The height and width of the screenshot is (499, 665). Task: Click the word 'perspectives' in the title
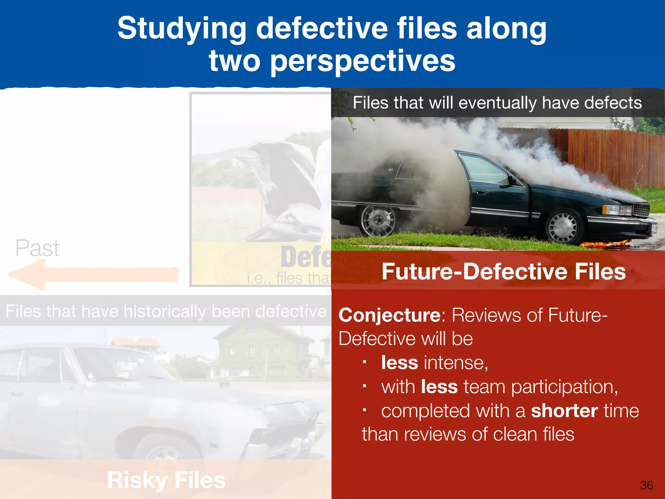click(x=363, y=62)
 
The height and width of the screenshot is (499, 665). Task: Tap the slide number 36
click(x=646, y=485)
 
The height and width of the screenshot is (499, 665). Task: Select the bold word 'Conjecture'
click(x=389, y=315)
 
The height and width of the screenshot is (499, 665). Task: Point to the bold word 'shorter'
click(x=564, y=411)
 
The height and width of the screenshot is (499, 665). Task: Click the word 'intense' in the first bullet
click(x=455, y=363)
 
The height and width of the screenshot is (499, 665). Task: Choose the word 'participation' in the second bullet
click(x=564, y=387)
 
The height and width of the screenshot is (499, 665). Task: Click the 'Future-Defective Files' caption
click(x=504, y=272)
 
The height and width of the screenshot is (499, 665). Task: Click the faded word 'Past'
click(x=37, y=248)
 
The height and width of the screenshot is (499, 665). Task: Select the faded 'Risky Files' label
click(x=166, y=480)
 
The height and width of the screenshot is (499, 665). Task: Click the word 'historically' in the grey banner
click(x=165, y=311)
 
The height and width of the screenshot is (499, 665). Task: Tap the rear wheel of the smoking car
click(x=378, y=220)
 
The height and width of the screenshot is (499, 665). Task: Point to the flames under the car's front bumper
click(x=604, y=244)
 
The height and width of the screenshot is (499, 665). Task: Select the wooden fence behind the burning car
click(x=610, y=156)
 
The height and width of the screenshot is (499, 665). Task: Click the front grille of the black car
click(x=641, y=210)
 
